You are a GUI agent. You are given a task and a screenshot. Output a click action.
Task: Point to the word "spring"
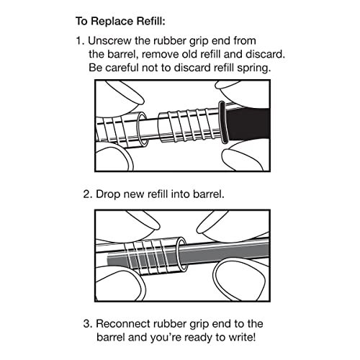click(x=256, y=68)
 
